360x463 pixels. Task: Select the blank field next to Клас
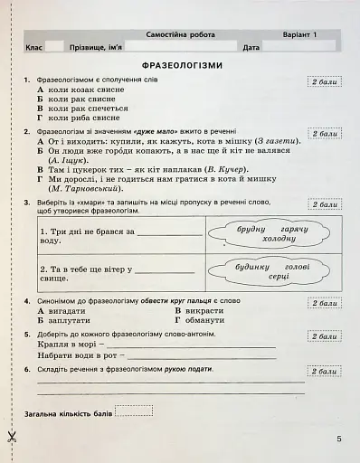tap(53, 46)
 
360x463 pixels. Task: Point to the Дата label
tap(251, 46)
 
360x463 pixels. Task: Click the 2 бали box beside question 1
tap(323, 82)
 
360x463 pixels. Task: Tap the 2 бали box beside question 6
tap(323, 371)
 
